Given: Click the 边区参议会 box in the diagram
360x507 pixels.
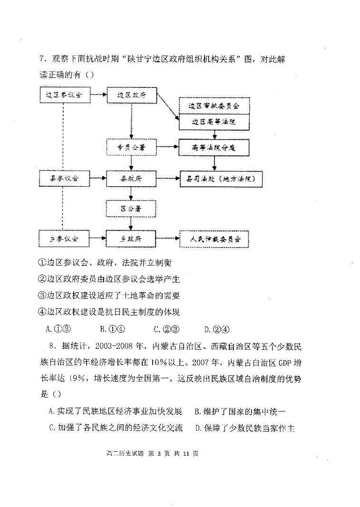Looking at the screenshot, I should point(64,95).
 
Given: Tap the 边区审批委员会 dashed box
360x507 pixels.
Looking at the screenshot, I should point(214,105).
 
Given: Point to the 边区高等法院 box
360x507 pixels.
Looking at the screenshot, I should point(214,122).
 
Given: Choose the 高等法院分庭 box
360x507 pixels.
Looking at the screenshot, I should point(214,148).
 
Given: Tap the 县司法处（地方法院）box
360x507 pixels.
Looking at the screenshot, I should point(220,179).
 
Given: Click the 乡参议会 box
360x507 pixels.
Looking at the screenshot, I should point(64,238).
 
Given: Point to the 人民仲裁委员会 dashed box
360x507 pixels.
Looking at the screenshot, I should point(214,239).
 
